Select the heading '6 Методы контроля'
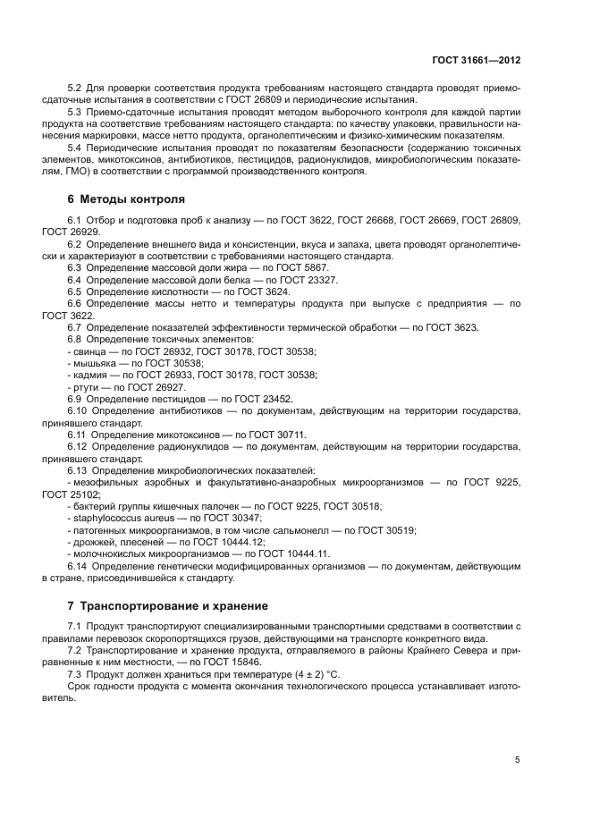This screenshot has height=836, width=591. [x=127, y=198]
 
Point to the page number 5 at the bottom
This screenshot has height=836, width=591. [x=518, y=760]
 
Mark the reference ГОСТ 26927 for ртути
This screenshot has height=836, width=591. [x=156, y=386]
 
